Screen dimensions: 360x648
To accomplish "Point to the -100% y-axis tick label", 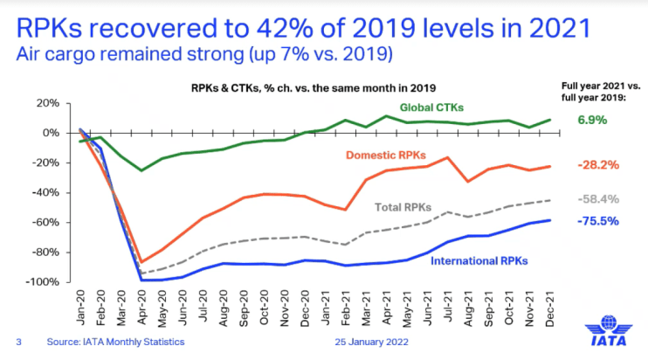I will click(x=44, y=282).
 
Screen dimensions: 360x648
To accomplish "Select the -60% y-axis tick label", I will click(x=46, y=222).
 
